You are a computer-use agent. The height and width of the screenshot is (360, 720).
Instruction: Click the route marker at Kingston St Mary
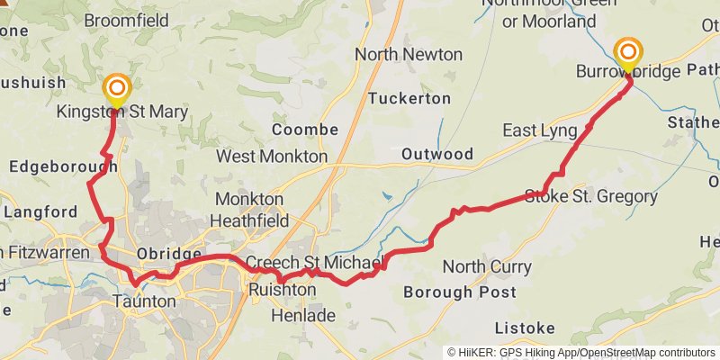pyautogui.click(x=117, y=89)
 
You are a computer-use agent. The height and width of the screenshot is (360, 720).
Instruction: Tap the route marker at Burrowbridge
pyautogui.click(x=627, y=52)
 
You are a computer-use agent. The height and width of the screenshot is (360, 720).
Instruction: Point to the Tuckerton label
pyautogui.click(x=409, y=97)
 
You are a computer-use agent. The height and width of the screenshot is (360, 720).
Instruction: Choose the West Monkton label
pyautogui.click(x=272, y=157)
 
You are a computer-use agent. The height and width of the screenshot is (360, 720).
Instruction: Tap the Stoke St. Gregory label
pyautogui.click(x=591, y=196)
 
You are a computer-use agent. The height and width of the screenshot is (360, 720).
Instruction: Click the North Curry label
pyautogui.click(x=487, y=266)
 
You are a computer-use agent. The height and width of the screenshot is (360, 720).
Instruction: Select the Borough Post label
pyautogui.click(x=460, y=292)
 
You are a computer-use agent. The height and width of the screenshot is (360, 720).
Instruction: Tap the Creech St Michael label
pyautogui.click(x=314, y=263)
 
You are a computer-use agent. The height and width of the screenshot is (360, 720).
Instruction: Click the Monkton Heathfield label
pyautogui.click(x=250, y=210)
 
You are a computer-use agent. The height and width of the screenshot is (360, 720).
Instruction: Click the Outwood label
pyautogui.click(x=437, y=154)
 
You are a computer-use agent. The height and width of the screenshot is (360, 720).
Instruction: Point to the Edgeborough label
pyautogui.click(x=63, y=167)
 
